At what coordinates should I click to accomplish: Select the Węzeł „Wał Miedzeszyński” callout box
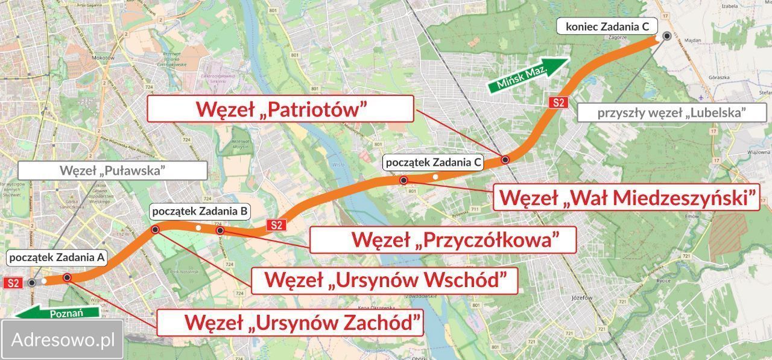pyautogui.click(x=626, y=197)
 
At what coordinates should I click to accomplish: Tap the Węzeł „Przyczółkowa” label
pyautogui.click(x=443, y=239)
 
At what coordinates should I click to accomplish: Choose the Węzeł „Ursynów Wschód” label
pyautogui.click(x=384, y=280)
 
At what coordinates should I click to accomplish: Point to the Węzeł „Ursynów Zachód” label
pyautogui.click(x=289, y=322)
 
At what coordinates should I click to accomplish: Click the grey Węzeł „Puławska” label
pyautogui.click(x=112, y=170)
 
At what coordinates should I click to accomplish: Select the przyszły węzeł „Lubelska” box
pyautogui.click(x=672, y=112)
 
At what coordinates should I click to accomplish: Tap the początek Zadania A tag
pyautogui.click(x=57, y=258)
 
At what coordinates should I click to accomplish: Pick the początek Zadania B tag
pyautogui.click(x=200, y=211)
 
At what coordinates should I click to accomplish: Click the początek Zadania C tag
pyautogui.click(x=434, y=162)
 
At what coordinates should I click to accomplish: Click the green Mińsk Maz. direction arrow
pyautogui.click(x=527, y=74)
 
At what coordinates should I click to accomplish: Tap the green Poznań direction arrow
pyautogui.click(x=58, y=312)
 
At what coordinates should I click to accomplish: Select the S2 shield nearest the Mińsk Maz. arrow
pyautogui.click(x=558, y=102)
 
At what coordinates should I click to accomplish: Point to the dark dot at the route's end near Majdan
pyautogui.click(x=666, y=36)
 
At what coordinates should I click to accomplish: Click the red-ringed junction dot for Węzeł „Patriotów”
pyautogui.click(x=505, y=160)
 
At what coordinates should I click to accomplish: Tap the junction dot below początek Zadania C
pyautogui.click(x=403, y=180)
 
